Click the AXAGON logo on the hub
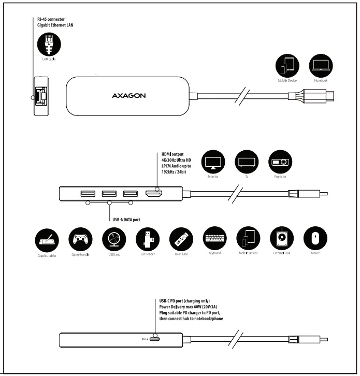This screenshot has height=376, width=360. tap(128, 95)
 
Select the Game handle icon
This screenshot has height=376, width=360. tap(80, 239)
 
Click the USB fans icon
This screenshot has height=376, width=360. tap(114, 239)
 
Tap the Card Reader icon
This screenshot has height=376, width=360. tap(148, 239)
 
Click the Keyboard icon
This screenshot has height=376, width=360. tap(215, 239)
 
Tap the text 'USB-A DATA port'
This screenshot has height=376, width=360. tap(126, 220)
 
